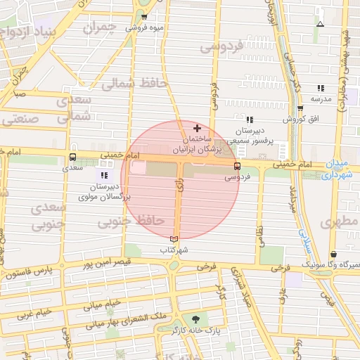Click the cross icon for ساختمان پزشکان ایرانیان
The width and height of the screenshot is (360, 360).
point(197,129)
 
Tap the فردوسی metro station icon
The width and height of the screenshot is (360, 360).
point(237,167)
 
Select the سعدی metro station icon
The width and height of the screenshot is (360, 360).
point(73,157)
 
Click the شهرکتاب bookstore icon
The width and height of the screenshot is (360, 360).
point(174,240)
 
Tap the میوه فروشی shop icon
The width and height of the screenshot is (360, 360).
point(145,17)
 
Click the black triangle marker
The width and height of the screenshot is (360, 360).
point(320,24)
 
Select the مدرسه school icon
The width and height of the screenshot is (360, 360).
point(321,88)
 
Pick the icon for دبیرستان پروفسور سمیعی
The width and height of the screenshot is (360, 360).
point(250,120)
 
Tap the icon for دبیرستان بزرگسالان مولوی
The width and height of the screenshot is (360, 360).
point(104,174)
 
